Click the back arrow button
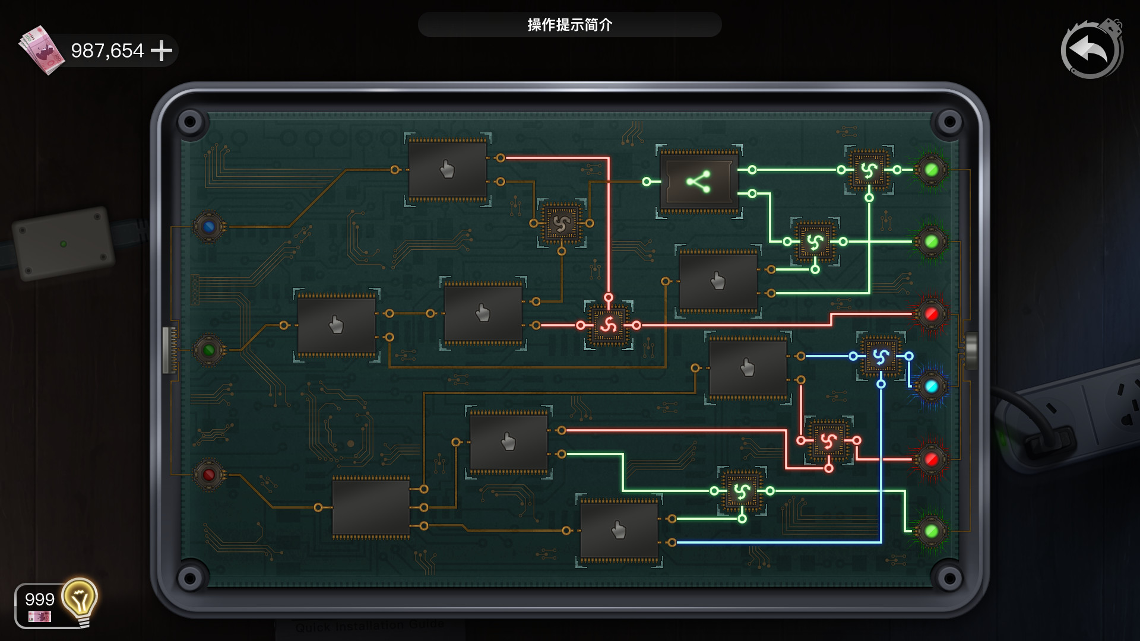point(1091,50)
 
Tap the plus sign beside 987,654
point(161,50)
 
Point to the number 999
point(40,599)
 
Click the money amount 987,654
point(107,50)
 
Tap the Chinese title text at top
point(569,25)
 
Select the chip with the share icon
point(699,182)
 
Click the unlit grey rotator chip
point(561,224)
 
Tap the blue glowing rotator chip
point(881,357)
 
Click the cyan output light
point(931,386)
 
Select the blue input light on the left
point(208,226)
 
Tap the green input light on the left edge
point(208,350)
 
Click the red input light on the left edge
point(208,475)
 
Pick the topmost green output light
point(931,170)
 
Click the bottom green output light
point(931,531)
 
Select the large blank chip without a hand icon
point(370,507)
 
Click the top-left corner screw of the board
point(190,122)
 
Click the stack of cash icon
point(42,50)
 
